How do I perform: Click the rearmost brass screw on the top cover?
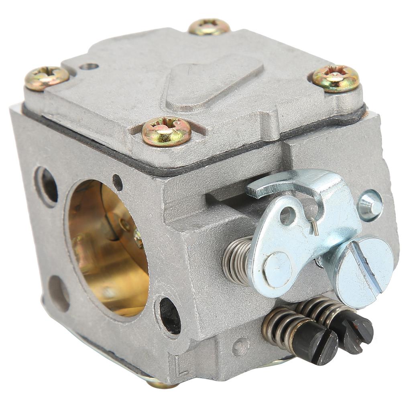(209, 27)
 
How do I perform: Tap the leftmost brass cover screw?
(47, 77)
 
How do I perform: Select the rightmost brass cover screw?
(336, 78)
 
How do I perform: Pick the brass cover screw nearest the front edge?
(166, 131)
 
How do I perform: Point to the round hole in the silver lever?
(287, 216)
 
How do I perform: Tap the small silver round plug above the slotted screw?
(370, 205)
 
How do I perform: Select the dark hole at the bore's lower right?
(169, 315)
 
